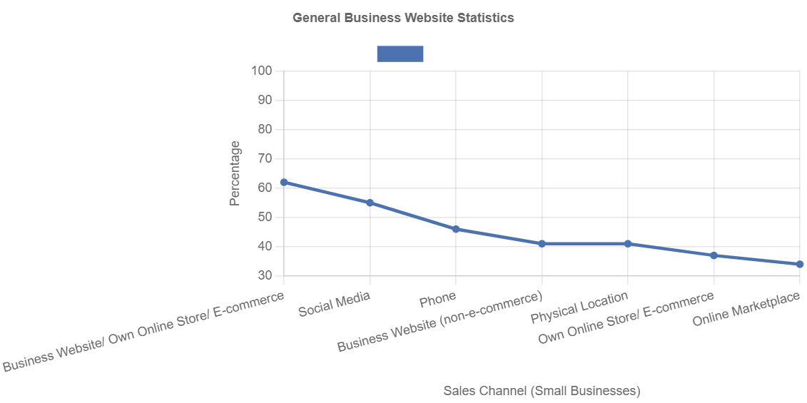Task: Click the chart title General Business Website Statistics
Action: click(x=403, y=19)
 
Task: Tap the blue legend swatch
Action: click(x=400, y=54)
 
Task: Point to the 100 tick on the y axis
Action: click(x=262, y=71)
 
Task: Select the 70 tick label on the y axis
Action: click(x=265, y=158)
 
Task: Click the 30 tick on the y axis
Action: click(x=265, y=275)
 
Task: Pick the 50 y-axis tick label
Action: click(x=265, y=217)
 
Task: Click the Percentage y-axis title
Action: click(x=235, y=173)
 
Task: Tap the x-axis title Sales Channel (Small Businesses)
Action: click(x=542, y=391)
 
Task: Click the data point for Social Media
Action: click(x=370, y=203)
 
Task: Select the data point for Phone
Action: click(x=456, y=229)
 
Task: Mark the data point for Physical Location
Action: click(x=628, y=244)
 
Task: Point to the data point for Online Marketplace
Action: click(x=800, y=264)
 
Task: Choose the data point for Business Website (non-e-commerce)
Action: click(x=542, y=244)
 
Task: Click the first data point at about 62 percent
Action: click(x=284, y=183)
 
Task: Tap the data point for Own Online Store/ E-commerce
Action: click(x=714, y=255)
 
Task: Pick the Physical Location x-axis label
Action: click(x=579, y=307)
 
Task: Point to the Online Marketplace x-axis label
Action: click(x=746, y=310)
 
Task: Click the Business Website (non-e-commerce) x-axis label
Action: click(x=440, y=322)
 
